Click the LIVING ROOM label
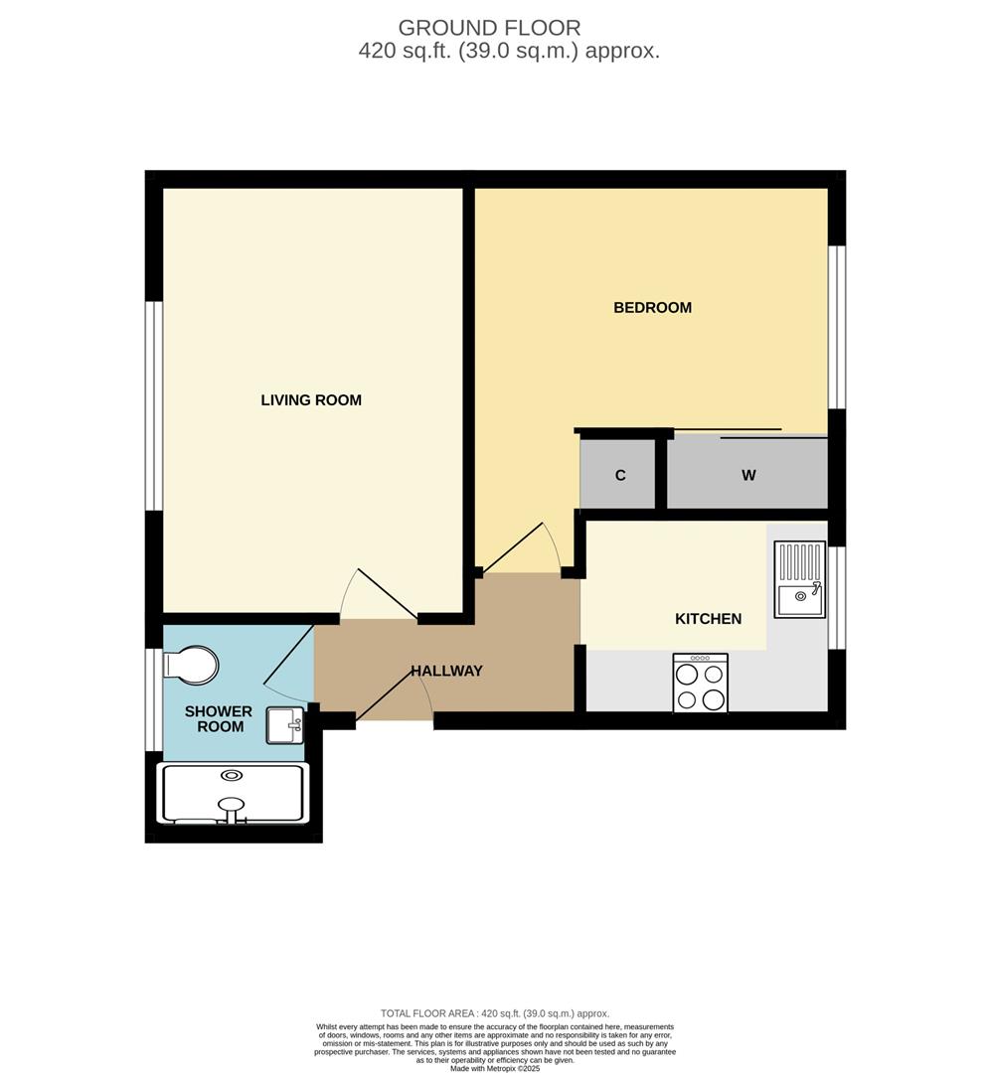[311, 400]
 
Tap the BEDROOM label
[652, 308]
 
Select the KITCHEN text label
[708, 619]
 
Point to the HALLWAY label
[447, 672]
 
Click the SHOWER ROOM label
[219, 719]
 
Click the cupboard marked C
[620, 475]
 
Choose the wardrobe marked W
[747, 475]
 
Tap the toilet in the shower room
[193, 665]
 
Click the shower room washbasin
[285, 725]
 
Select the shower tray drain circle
[233, 776]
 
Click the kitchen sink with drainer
[800, 579]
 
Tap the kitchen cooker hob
[700, 684]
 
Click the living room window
[154, 405]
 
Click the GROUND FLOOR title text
[489, 28]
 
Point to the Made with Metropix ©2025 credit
[495, 1068]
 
